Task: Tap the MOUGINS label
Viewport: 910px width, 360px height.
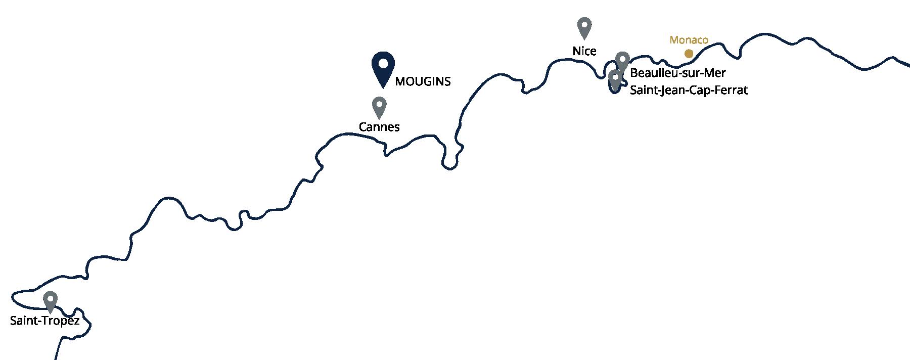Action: pyautogui.click(x=423, y=81)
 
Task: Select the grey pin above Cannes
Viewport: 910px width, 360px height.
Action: pyautogui.click(x=379, y=108)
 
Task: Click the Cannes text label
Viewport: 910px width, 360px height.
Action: pyautogui.click(x=379, y=127)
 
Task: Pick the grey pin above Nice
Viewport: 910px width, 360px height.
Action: pyautogui.click(x=584, y=28)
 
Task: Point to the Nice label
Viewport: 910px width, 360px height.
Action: pyautogui.click(x=584, y=51)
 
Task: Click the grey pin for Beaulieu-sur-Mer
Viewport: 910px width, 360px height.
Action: pyautogui.click(x=622, y=62)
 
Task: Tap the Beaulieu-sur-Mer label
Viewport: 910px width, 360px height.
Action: pyautogui.click(x=678, y=73)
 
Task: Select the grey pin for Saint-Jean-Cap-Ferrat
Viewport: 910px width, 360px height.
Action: pyautogui.click(x=615, y=80)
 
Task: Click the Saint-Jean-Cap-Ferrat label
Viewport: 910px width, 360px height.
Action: pyautogui.click(x=689, y=91)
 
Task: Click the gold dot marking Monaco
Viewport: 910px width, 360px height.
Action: pyautogui.click(x=689, y=53)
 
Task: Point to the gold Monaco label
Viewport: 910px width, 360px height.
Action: pyautogui.click(x=689, y=39)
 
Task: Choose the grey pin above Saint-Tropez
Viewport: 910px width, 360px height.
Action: pyautogui.click(x=50, y=302)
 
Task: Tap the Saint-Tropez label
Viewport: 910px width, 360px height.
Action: pyautogui.click(x=45, y=321)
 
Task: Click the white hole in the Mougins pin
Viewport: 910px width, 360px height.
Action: pyautogui.click(x=383, y=63)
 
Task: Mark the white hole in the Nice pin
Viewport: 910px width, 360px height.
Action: pyautogui.click(x=584, y=25)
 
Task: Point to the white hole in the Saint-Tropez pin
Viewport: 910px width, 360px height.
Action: pyautogui.click(x=50, y=298)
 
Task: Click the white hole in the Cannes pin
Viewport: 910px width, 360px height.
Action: pyautogui.click(x=379, y=105)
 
